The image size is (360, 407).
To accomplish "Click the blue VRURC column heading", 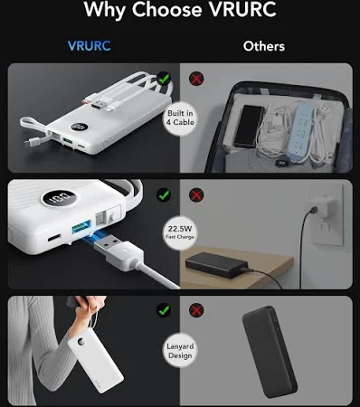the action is [x=90, y=46].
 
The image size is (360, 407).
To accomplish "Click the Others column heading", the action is [x=264, y=46].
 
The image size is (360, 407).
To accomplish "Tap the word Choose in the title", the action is [x=166, y=9].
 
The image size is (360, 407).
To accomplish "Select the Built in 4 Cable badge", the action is [x=180, y=118].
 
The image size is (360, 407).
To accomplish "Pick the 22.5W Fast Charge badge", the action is [x=180, y=232].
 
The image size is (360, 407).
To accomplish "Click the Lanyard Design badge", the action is [x=180, y=350].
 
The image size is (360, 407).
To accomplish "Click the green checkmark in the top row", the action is [x=164, y=79].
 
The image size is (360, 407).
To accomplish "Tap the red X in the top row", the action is [x=196, y=79].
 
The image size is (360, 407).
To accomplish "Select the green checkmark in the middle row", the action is [x=164, y=195].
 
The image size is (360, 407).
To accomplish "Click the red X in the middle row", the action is [x=196, y=195].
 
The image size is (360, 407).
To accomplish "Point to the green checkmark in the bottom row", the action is [x=164, y=310].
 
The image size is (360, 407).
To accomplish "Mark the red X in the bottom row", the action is [x=196, y=310].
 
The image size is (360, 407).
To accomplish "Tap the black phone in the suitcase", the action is [x=249, y=126].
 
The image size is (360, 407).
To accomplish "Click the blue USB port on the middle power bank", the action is [x=81, y=227].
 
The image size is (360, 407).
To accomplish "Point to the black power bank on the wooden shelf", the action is [x=216, y=265].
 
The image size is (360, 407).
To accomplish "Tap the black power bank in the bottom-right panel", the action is [x=270, y=352].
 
